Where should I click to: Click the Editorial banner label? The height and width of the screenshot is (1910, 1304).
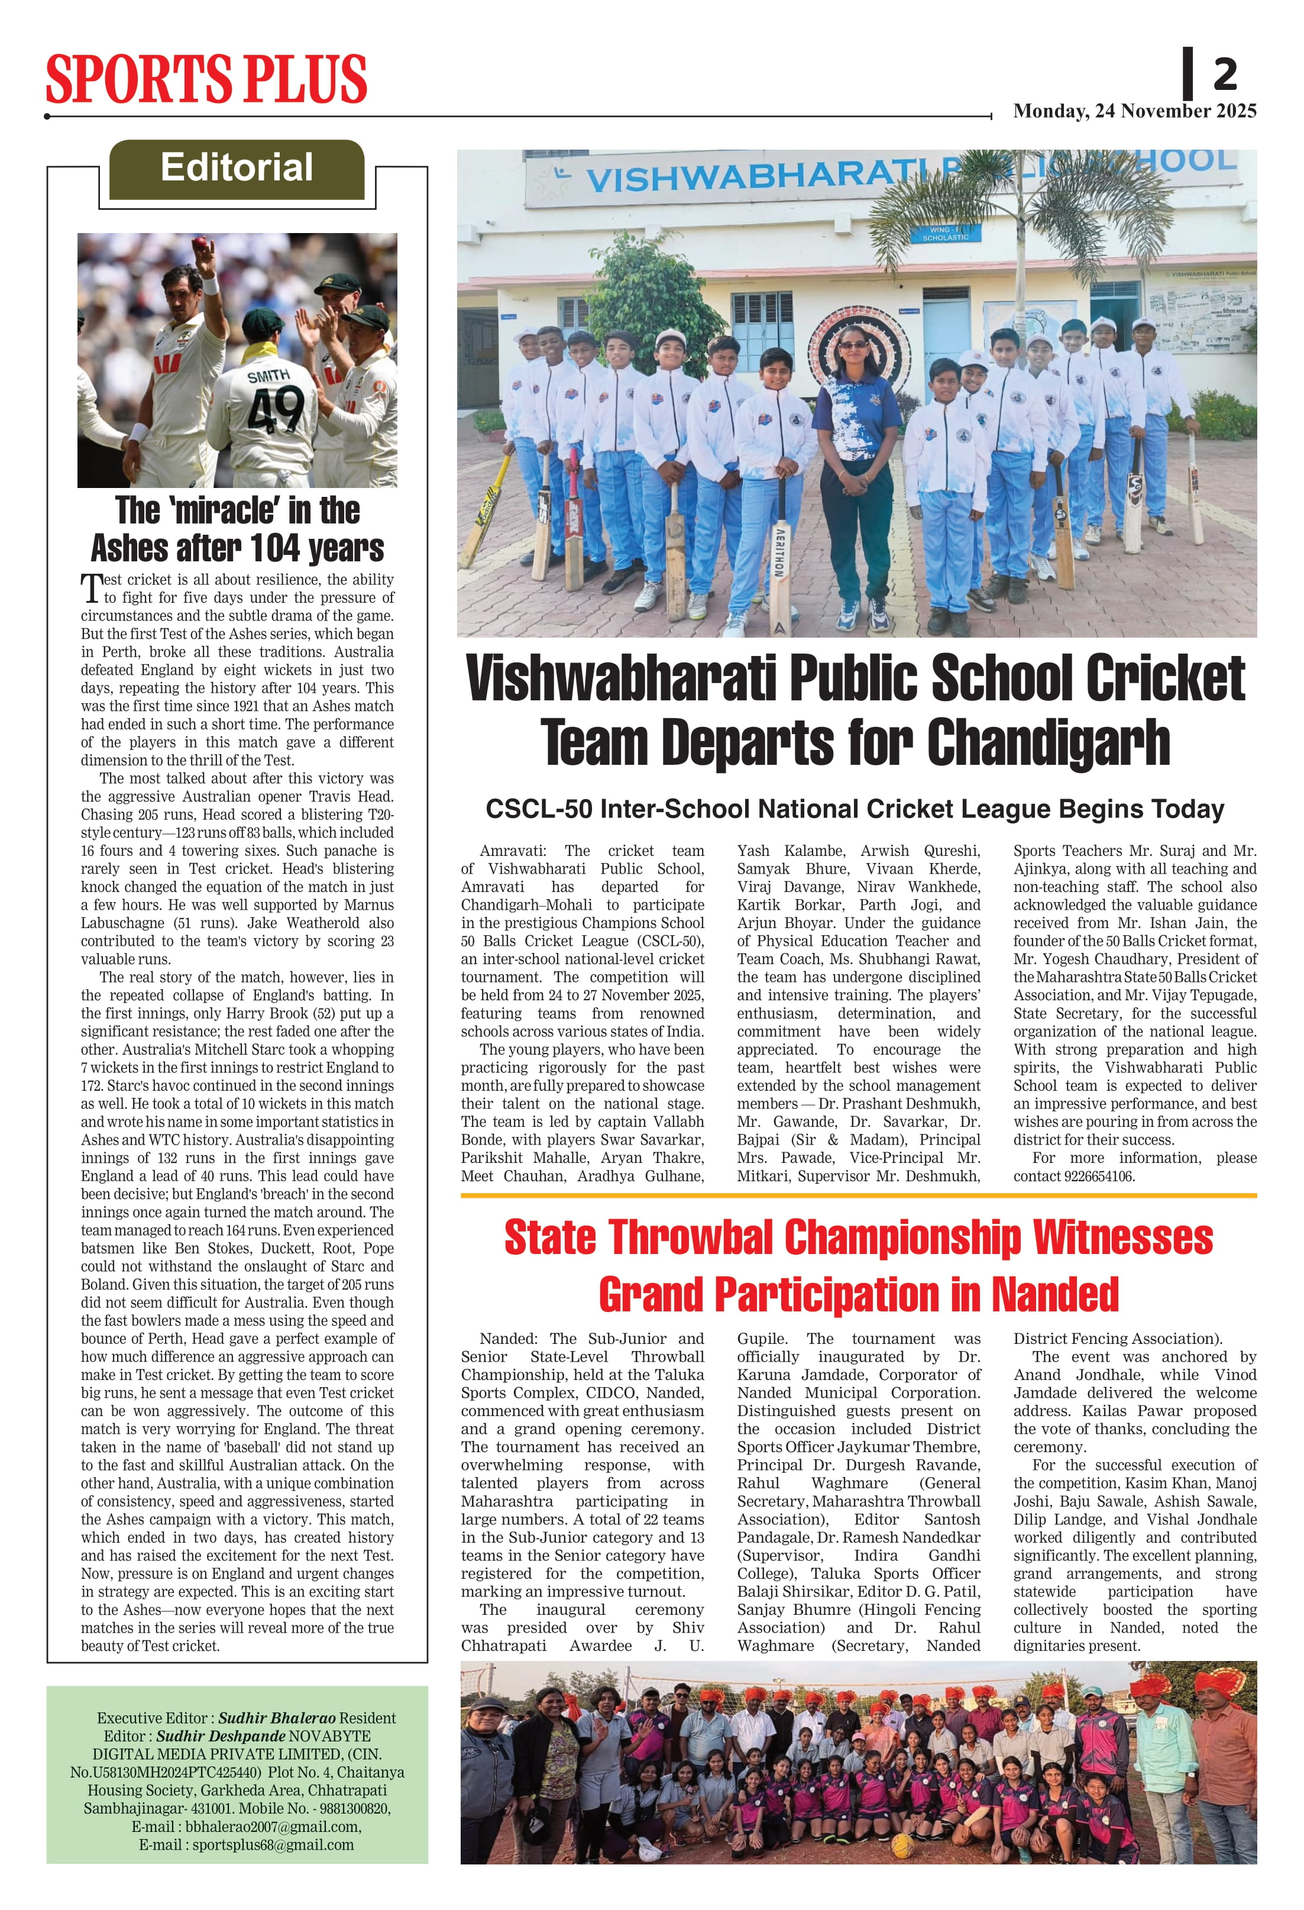[237, 167]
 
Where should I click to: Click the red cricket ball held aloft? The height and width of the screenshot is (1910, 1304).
[200, 244]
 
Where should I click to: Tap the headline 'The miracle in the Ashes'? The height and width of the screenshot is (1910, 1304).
[238, 528]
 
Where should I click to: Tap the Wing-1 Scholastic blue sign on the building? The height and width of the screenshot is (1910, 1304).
[945, 234]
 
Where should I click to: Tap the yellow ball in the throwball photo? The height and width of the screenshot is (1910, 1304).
[902, 1846]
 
